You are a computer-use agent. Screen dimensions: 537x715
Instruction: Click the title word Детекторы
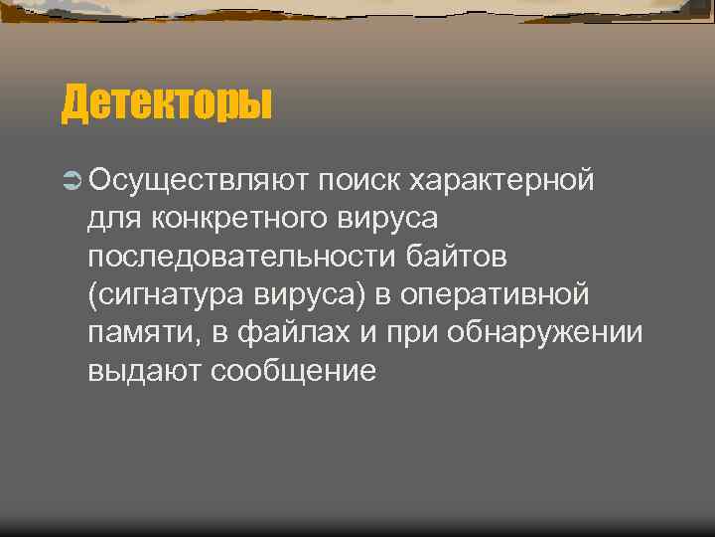167,103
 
